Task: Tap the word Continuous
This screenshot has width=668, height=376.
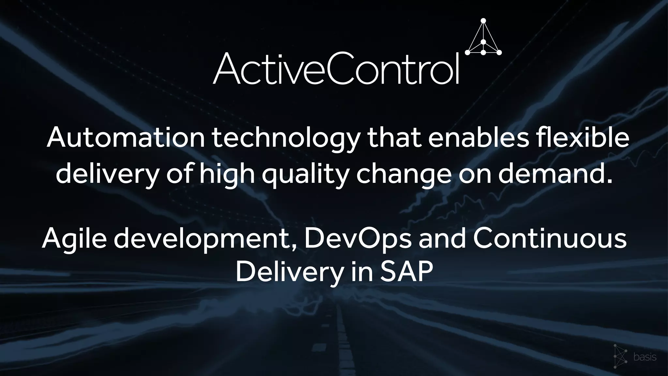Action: pos(550,239)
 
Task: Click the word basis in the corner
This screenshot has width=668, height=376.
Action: pos(645,357)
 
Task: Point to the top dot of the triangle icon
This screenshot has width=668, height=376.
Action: pos(483,21)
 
